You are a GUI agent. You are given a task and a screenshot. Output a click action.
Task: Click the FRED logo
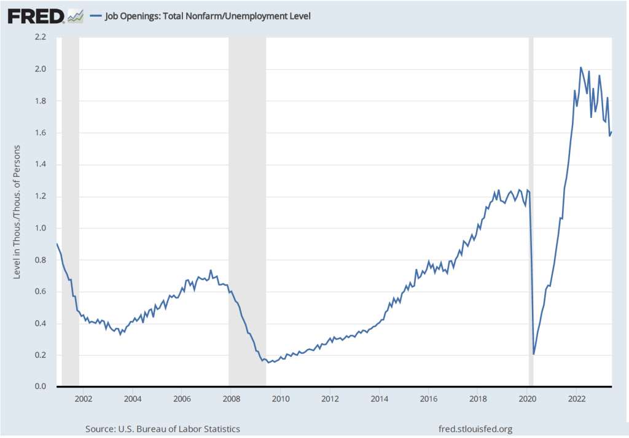tap(36, 15)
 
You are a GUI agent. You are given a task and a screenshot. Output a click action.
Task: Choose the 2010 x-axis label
tap(281, 398)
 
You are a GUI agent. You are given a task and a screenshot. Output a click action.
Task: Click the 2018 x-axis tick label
tap(478, 398)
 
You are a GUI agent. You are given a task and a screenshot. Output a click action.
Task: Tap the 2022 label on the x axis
tap(577, 398)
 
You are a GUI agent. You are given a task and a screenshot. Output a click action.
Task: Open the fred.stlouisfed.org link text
tap(475, 429)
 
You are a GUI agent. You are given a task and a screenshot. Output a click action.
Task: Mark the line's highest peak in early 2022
tap(581, 68)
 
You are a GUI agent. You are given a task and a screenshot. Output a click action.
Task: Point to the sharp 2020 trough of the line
tap(534, 354)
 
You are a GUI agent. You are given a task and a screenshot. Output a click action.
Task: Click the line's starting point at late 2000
tap(57, 244)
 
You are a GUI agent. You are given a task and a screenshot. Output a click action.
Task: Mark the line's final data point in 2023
tap(612, 132)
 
